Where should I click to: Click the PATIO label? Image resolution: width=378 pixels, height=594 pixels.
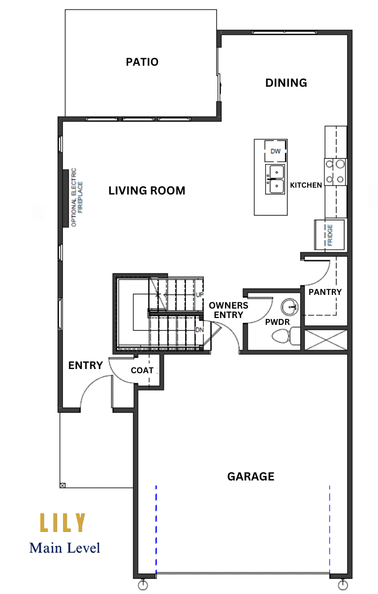pos(142,62)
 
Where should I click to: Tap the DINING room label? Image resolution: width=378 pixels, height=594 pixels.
pos(286,83)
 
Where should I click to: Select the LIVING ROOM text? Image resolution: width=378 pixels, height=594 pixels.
pos(147,190)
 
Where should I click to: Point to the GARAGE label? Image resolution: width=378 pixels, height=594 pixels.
pos(250,476)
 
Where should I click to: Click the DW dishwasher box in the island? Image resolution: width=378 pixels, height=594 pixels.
pos(276,151)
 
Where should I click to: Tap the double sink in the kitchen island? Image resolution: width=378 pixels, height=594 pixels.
pos(276,179)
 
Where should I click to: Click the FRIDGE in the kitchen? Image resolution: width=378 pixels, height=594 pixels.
pos(330,235)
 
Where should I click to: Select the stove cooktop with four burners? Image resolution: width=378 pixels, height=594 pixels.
pos(335,171)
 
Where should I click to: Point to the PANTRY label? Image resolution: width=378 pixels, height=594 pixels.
pos(325,292)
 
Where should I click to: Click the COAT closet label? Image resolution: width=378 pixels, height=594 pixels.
pos(142,370)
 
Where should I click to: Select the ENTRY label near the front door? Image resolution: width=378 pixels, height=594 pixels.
pos(86,365)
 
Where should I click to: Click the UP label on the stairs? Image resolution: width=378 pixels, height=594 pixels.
pos(199,294)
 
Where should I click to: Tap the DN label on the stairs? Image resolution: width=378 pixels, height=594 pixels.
pos(199,330)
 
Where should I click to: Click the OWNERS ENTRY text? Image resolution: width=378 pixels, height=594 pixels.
pos(228,310)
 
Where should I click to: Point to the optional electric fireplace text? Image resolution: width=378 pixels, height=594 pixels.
pos(77,197)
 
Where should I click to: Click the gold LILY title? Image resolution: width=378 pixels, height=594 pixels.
pos(63,523)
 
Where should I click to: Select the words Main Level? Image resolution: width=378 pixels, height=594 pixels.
pos(65,548)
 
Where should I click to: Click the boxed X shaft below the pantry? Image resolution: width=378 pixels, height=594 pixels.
pos(326,340)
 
